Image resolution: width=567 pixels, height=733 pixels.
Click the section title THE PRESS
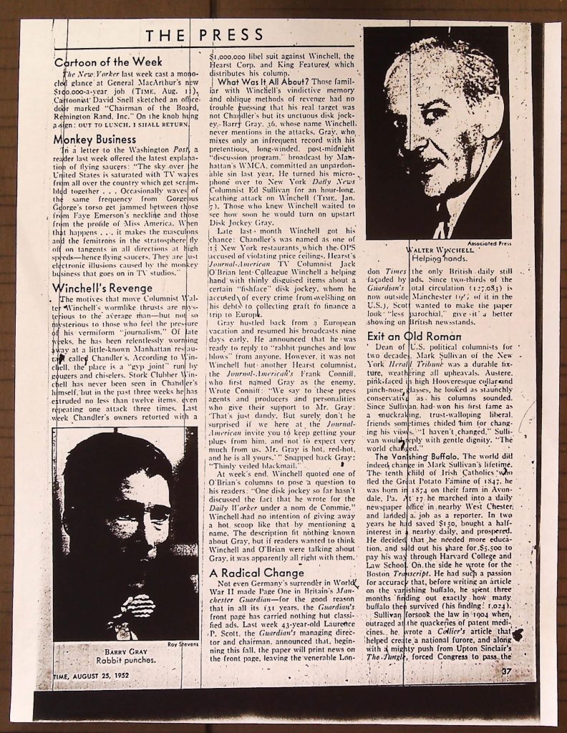click(x=205, y=36)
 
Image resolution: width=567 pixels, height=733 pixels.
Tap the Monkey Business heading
click(x=94, y=139)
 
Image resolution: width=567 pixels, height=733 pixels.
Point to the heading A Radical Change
click(x=257, y=573)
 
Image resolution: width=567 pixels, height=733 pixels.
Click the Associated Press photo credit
click(x=488, y=243)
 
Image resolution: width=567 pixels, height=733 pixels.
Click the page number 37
click(x=506, y=671)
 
